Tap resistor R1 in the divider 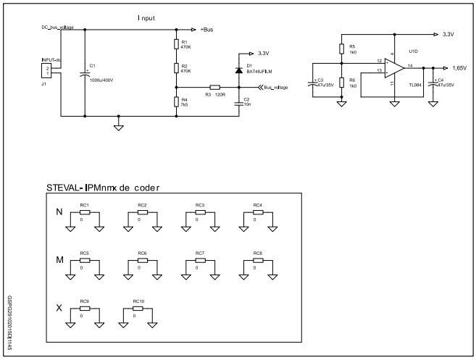coord(176,45)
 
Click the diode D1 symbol coord(239,70)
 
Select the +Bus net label coord(207,30)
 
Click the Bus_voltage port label coord(275,87)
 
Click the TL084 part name coord(415,85)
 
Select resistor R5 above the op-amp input coord(341,49)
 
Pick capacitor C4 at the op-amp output coord(433,83)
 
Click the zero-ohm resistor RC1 coord(85,212)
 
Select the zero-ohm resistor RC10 coord(138,308)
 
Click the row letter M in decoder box coord(59,259)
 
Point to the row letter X coord(59,308)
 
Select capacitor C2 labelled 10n coord(239,103)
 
